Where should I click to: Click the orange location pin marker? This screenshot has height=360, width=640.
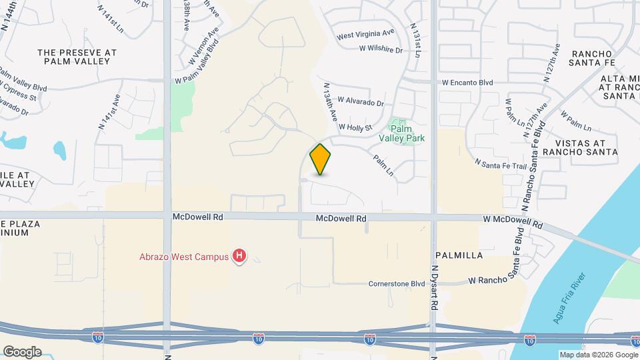click(x=321, y=159)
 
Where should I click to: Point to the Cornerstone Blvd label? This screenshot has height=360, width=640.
click(x=397, y=283)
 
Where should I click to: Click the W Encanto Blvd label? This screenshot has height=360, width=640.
click(x=467, y=83)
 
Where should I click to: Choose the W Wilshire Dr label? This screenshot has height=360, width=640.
click(x=381, y=49)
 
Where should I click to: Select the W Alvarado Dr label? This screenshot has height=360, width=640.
click(x=361, y=102)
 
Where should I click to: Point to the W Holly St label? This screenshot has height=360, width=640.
click(x=355, y=127)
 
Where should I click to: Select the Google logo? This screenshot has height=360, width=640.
click(x=22, y=351)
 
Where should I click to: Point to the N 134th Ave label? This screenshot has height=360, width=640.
click(x=330, y=101)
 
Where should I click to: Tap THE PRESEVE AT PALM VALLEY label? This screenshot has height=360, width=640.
click(x=77, y=56)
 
